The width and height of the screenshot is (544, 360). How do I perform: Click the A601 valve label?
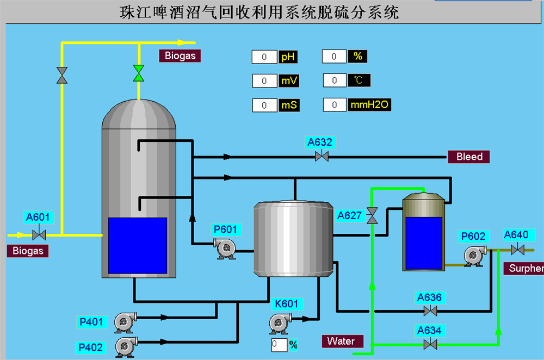pos(38,218)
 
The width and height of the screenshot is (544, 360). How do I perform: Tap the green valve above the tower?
pos(139,73)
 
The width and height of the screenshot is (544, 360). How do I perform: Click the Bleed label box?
pos(469,157)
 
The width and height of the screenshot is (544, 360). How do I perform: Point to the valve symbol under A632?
pos(322,157)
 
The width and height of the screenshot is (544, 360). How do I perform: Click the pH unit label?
pos(288,57)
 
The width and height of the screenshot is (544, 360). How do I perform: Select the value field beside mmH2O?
pos(335,104)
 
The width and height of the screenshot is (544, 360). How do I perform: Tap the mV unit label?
pos(288,81)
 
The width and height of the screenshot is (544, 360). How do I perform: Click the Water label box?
pos(341,341)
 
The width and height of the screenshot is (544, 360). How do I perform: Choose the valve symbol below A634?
pos(430,344)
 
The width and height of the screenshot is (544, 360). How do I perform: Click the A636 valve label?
pos(429,297)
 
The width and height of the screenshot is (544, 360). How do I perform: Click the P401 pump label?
pos(91,322)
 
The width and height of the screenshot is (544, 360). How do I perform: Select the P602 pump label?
pos(473,237)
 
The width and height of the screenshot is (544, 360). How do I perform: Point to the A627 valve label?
pos(349,215)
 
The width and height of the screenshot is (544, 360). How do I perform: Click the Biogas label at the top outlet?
pos(180,55)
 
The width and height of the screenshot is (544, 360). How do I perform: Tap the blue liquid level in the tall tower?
pos(137,245)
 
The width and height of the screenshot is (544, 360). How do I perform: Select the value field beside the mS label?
pos(264,105)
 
